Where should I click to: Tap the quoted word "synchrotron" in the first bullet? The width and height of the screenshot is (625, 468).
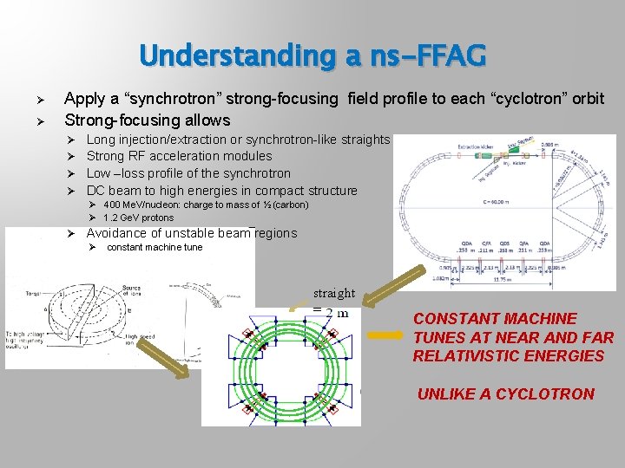187,99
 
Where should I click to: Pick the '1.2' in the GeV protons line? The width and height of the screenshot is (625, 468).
110,218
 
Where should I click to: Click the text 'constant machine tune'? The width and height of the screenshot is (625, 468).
155,247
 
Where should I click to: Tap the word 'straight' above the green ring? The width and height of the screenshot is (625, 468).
334,294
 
